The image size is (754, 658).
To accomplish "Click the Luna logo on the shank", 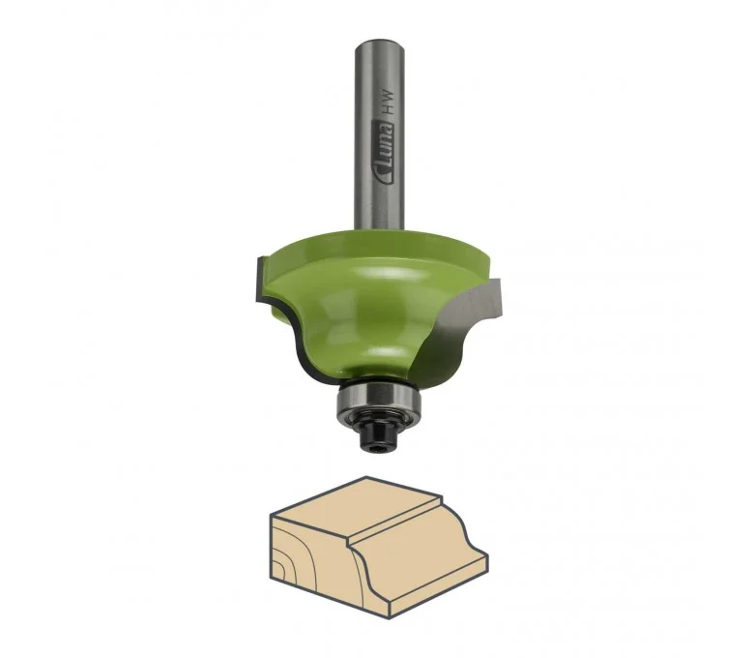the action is coord(384,153).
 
